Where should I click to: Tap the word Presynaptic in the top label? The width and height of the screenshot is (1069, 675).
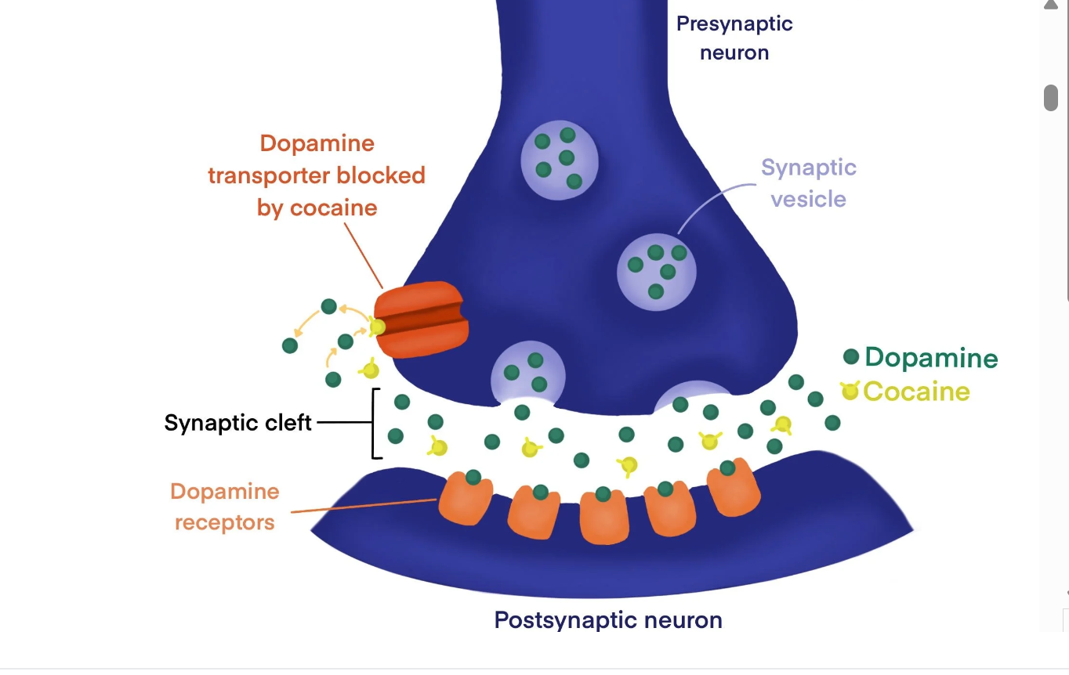pos(734,24)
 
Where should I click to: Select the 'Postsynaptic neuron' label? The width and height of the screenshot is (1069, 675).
pos(608,620)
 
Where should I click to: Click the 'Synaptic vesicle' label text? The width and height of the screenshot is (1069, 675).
pos(808,183)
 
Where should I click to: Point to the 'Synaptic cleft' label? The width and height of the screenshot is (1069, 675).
pos(238,423)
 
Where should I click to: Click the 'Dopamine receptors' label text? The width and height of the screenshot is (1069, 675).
pos(225,507)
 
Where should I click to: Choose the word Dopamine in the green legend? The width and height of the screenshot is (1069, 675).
pos(931,358)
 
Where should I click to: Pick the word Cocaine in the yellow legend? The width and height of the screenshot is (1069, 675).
pos(916,391)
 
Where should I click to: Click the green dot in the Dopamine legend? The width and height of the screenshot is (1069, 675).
pos(851,357)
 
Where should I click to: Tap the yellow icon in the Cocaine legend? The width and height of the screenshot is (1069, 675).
pos(850,390)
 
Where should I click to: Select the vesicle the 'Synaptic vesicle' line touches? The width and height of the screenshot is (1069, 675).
pos(656,271)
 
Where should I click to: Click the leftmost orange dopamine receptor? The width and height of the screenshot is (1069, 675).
pos(466,499)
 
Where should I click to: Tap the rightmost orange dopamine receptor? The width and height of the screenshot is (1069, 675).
pos(734,490)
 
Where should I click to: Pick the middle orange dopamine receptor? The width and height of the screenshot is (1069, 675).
pos(604,518)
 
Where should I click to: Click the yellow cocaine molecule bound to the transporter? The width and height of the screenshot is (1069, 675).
pos(378,327)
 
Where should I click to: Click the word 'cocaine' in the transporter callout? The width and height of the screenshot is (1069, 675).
pos(334,208)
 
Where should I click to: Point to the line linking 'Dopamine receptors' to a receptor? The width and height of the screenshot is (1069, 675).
pos(364,506)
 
